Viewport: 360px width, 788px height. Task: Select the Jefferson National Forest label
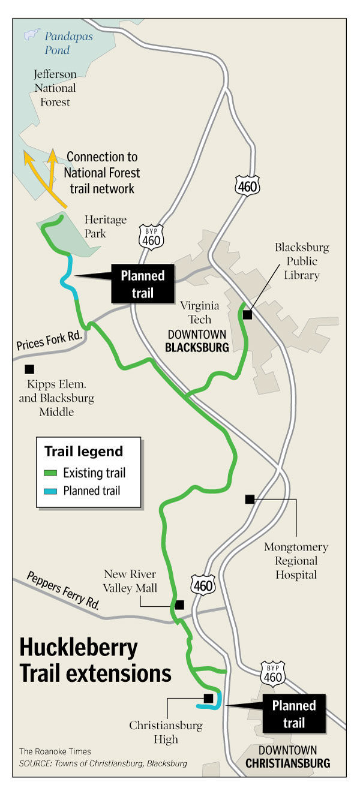[x=55, y=88]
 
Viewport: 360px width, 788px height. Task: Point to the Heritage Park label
[x=106, y=226]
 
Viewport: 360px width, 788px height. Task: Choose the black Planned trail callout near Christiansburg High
[x=293, y=714]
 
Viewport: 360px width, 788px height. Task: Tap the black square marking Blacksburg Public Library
[x=247, y=314]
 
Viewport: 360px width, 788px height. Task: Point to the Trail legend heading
[x=83, y=452]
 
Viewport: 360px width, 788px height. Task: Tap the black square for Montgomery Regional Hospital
[x=250, y=499]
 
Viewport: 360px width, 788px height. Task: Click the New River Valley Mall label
[x=130, y=581]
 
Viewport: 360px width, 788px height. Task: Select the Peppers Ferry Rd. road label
[x=63, y=591]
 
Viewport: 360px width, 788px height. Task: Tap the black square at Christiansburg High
[x=208, y=698]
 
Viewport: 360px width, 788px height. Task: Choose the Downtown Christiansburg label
[x=287, y=757]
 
